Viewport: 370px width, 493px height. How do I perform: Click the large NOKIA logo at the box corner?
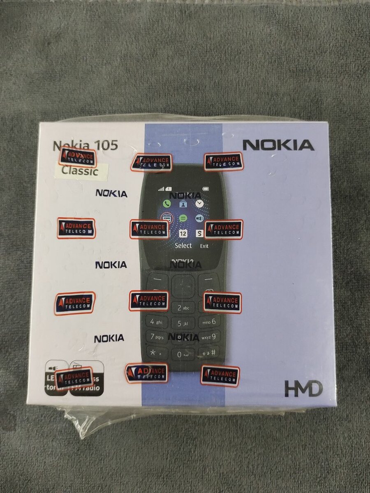(x=278, y=145)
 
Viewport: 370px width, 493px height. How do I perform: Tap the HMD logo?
(x=303, y=389)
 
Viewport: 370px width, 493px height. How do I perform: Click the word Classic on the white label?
(x=80, y=171)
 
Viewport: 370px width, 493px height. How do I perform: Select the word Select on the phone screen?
(x=183, y=246)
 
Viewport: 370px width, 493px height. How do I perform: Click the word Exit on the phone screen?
(x=204, y=246)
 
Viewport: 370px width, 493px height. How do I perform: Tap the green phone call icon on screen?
(x=166, y=203)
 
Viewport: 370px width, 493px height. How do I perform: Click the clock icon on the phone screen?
(x=199, y=203)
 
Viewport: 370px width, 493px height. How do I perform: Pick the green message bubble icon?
(x=183, y=218)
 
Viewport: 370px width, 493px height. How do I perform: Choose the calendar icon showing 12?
(x=183, y=234)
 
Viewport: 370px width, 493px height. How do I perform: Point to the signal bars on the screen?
(x=162, y=189)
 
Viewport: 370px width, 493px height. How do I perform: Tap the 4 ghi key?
(x=156, y=322)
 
